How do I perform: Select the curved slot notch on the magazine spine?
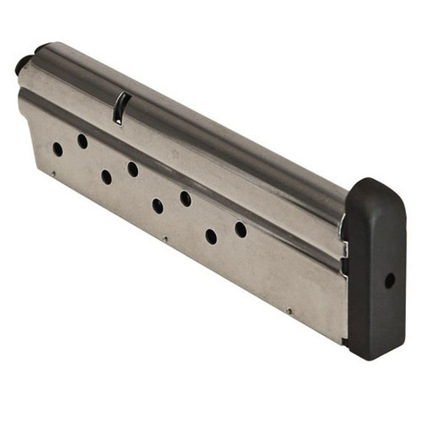(x=121, y=108)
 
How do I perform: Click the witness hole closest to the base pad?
(x=241, y=229)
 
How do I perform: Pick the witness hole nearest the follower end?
(x=57, y=149)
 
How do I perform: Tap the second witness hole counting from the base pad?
(x=211, y=236)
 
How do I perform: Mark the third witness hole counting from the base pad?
(x=185, y=199)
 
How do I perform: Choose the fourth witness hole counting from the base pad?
(x=158, y=205)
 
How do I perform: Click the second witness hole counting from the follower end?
(x=83, y=141)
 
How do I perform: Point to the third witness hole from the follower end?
(x=106, y=176)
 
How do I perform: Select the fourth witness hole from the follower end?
(x=133, y=169)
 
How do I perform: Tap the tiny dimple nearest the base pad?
(x=289, y=311)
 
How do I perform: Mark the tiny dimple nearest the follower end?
(x=52, y=174)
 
